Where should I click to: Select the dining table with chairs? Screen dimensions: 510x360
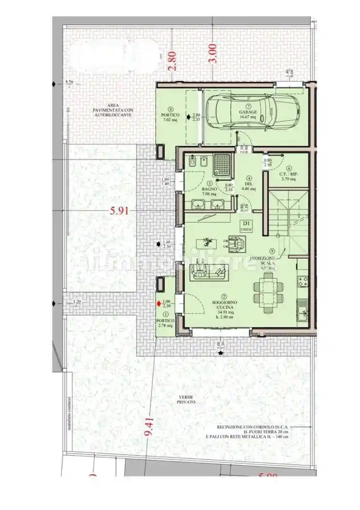point(265,287)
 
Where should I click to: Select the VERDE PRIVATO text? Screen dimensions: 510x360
point(186,400)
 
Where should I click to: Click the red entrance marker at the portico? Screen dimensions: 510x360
point(158,304)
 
